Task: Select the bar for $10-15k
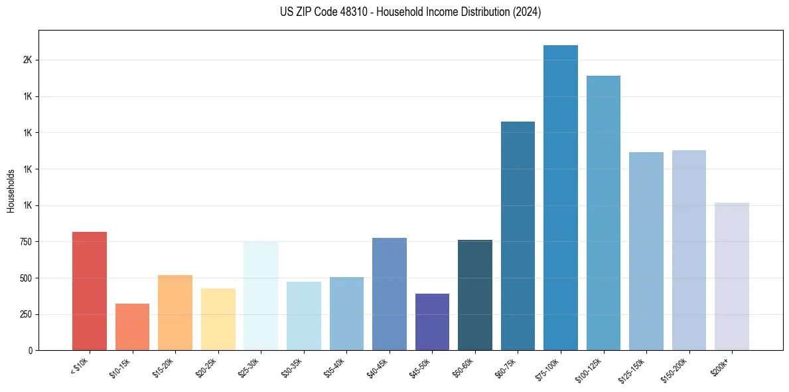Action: click(x=132, y=327)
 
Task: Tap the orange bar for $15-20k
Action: click(x=175, y=313)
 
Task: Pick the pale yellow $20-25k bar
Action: click(x=218, y=320)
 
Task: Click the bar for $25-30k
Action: click(x=261, y=296)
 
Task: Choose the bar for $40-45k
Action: click(x=389, y=294)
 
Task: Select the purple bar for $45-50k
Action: click(x=432, y=322)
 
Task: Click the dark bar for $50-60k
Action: click(x=474, y=295)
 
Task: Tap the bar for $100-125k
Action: click(x=603, y=213)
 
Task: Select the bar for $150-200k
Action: click(x=689, y=250)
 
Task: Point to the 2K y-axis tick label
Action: click(x=27, y=60)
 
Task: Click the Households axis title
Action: click(x=11, y=191)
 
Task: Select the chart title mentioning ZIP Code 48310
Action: click(x=394, y=12)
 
